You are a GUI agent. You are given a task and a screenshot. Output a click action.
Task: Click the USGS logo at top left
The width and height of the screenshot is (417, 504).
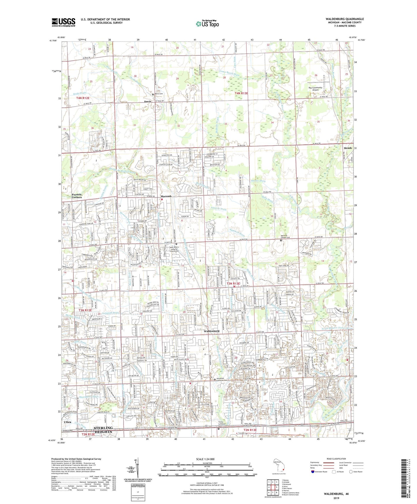point(63,22)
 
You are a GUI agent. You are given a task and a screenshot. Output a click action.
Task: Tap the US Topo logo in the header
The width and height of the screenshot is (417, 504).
point(207,24)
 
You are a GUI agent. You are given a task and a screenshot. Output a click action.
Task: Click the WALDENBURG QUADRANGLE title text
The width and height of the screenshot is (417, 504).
point(345,19)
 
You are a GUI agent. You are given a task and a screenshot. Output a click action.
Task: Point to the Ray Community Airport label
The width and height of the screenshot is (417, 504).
point(315,89)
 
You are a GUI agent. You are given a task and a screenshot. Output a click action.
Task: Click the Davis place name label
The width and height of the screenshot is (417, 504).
point(148,102)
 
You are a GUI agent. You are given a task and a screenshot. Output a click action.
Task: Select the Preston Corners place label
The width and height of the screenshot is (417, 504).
point(77,196)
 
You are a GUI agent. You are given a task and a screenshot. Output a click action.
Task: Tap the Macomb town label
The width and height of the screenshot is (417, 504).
point(166,196)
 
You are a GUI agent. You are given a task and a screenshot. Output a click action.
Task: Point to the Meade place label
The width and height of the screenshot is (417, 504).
point(348,148)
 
